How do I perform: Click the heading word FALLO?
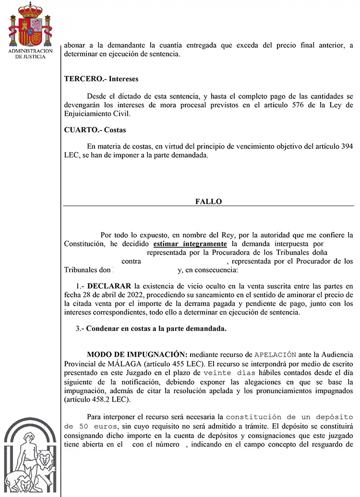point(208,201)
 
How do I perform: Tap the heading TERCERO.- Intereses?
point(101,79)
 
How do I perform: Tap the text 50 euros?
point(90,426)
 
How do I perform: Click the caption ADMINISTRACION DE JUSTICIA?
point(30,53)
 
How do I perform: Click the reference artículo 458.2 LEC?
point(97,400)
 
